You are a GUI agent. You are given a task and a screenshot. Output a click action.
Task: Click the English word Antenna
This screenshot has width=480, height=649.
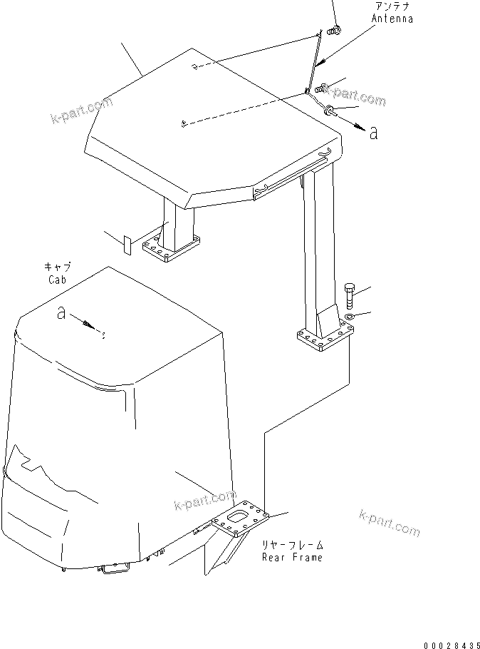[x=392, y=19]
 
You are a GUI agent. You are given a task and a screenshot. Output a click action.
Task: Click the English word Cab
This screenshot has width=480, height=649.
[x=58, y=280]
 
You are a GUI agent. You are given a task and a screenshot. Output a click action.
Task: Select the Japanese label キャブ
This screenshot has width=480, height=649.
[x=58, y=267]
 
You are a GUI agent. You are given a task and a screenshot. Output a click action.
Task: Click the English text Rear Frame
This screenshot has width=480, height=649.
[x=292, y=557]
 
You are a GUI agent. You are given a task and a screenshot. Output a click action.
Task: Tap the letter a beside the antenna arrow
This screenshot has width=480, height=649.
[x=374, y=132]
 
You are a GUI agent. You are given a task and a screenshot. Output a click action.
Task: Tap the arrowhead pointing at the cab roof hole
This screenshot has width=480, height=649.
[x=92, y=327]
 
